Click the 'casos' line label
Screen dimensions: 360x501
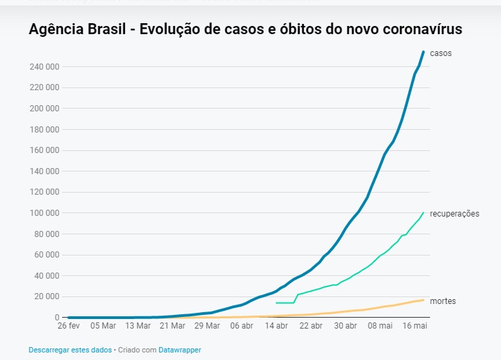(440, 53)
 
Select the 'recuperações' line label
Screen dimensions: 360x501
(454, 214)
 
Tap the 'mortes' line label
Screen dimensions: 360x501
(442, 301)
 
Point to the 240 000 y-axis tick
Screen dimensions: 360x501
(44, 67)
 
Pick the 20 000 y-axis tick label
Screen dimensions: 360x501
(46, 296)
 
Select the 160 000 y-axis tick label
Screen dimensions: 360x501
(44, 150)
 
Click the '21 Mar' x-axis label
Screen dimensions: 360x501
(173, 326)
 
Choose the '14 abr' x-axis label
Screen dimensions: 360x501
(276, 326)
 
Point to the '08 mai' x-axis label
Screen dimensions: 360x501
(380, 326)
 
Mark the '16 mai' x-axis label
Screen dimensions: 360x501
(414, 326)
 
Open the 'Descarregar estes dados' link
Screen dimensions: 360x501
(70, 350)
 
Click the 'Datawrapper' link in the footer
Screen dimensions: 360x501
(180, 350)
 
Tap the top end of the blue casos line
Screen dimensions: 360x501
(424, 52)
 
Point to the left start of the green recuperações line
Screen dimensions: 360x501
(276, 303)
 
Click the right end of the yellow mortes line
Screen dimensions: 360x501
(424, 300)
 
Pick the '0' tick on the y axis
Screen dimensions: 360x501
(57, 318)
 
